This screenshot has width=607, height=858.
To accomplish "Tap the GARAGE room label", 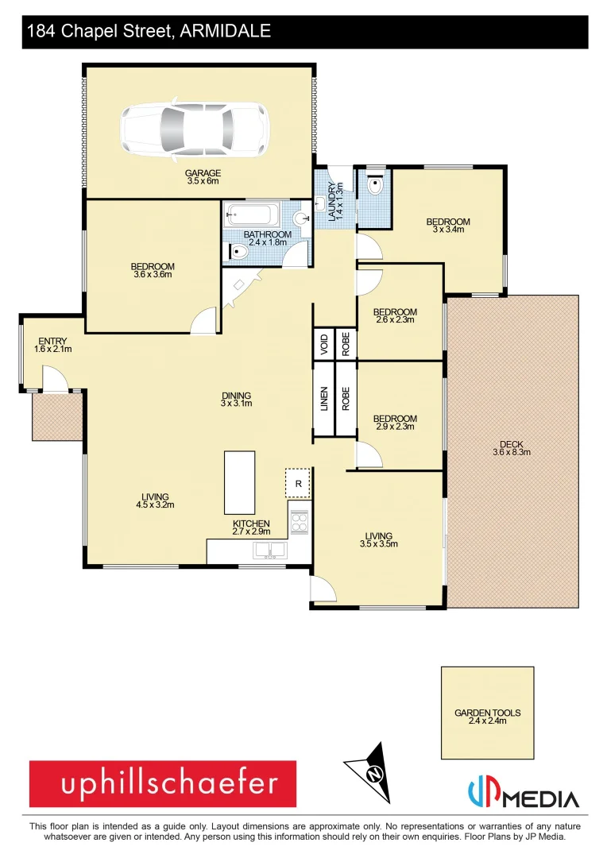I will click(203, 177).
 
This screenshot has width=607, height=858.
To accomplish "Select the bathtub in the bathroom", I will click(251, 214).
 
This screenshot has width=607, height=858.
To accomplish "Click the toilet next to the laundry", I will click(376, 186).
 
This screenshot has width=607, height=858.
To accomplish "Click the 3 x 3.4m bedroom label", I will click(448, 226).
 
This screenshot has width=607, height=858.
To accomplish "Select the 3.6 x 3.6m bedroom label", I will click(153, 270).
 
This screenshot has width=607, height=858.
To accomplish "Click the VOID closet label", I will click(323, 343).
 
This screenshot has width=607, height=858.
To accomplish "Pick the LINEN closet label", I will click(323, 398).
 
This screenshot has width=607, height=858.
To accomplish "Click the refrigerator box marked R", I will click(298, 482).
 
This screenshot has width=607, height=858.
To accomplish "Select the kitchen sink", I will click(269, 550).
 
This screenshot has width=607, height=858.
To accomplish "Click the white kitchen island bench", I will click(240, 482).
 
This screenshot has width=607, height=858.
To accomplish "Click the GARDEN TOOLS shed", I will click(488, 713).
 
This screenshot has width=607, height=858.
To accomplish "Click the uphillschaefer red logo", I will click(163, 784).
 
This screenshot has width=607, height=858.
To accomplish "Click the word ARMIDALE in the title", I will click(226, 32).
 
